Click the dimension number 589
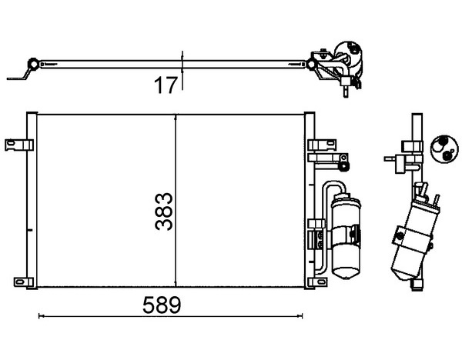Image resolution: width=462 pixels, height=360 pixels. (x=162, y=305)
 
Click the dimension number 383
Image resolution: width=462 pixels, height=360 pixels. (x=163, y=211)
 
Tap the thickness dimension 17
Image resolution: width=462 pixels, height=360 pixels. (x=166, y=85)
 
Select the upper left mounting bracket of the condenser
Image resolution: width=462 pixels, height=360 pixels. (x=19, y=145)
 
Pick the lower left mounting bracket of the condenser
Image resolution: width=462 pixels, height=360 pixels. (x=24, y=282)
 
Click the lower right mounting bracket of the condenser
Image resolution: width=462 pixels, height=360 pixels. (x=317, y=282)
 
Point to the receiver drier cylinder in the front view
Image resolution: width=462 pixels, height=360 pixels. (x=346, y=236)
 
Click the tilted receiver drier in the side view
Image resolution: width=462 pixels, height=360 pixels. (x=415, y=238)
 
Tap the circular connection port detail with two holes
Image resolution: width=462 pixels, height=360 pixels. (x=444, y=148)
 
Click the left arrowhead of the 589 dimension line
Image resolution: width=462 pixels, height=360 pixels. (x=41, y=316)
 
